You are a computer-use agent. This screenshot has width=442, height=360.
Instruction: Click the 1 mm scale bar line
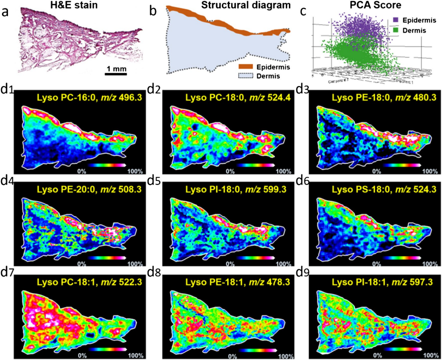coord(117,73)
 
